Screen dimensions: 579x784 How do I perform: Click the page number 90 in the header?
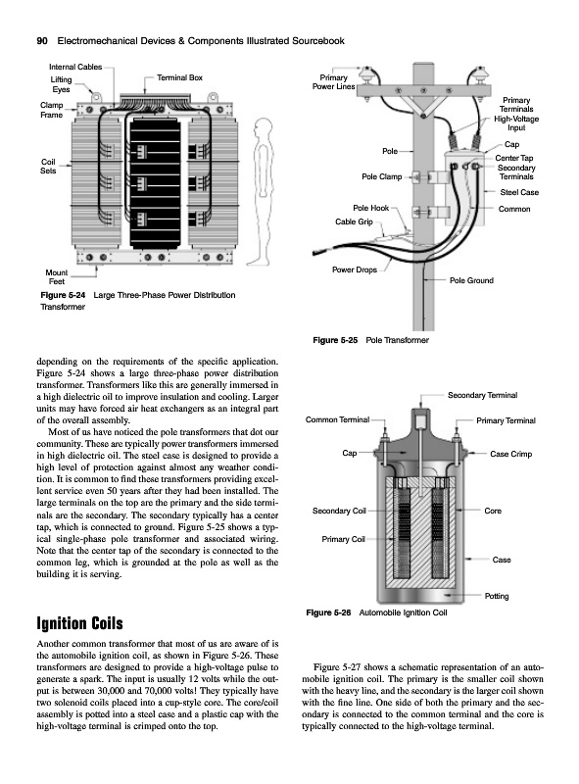click(x=42, y=41)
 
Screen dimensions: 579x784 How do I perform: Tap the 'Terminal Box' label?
click(x=179, y=77)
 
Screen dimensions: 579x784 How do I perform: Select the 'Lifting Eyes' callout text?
click(x=61, y=84)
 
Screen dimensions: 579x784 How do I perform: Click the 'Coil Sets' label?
click(x=48, y=166)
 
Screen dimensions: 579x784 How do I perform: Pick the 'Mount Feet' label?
click(x=56, y=277)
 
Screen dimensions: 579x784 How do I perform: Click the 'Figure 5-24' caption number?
click(x=63, y=295)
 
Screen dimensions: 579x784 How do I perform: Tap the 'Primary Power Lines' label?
click(x=333, y=82)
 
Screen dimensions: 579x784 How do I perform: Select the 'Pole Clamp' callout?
click(x=381, y=176)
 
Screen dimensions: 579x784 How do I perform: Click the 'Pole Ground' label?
click(x=471, y=280)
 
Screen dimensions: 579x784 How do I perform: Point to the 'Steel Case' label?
click(x=519, y=192)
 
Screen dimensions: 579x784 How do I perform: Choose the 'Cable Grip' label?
click(x=354, y=221)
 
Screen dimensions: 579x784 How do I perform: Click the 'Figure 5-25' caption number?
click(x=335, y=340)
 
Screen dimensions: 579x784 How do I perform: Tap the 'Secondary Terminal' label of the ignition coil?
click(x=482, y=395)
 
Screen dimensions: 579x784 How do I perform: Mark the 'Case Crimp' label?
click(x=511, y=454)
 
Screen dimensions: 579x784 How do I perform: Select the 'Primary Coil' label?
click(x=343, y=539)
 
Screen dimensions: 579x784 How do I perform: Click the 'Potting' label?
click(x=497, y=596)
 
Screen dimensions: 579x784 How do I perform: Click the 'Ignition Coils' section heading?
click(x=79, y=623)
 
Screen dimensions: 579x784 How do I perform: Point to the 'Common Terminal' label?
click(x=337, y=419)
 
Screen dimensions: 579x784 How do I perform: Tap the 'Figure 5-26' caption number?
click(x=328, y=612)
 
